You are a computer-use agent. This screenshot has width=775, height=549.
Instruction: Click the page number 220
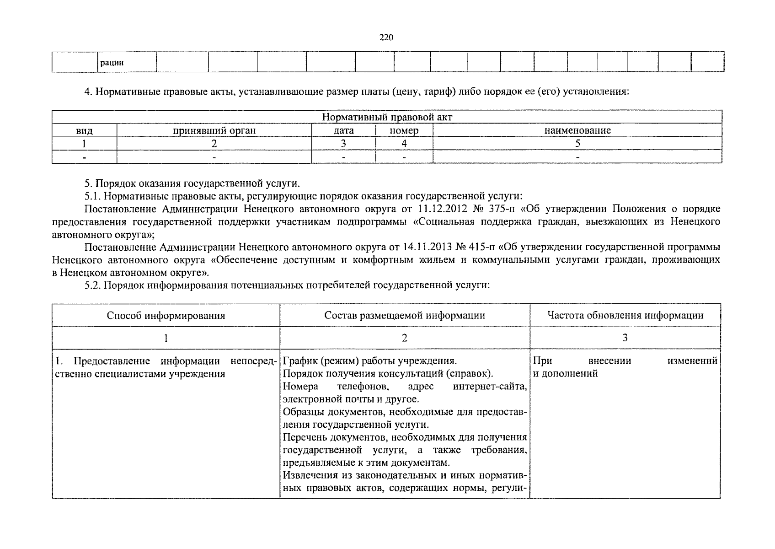tap(386, 38)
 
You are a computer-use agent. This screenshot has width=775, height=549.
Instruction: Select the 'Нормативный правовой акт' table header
tap(387, 117)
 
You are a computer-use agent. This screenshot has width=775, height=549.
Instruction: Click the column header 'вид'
tap(84, 130)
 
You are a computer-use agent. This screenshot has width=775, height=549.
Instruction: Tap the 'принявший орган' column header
tap(214, 130)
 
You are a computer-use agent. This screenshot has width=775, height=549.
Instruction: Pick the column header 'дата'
tap(343, 130)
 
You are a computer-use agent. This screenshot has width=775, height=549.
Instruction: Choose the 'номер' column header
tap(404, 130)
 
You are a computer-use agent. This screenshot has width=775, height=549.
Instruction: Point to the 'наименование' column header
tap(577, 130)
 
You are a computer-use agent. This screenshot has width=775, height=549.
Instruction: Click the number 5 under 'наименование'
tap(577, 143)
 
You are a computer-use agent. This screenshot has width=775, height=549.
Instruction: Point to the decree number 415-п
tap(481, 248)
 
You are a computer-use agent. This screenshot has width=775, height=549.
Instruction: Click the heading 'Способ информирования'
tap(166, 315)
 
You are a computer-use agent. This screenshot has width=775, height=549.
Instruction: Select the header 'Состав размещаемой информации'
tap(405, 315)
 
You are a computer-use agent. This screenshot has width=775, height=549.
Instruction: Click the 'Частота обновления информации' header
tap(625, 315)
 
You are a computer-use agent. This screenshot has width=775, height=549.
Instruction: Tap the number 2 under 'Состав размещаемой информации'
tap(404, 338)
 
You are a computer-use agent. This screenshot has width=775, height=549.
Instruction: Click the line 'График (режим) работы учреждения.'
tap(369, 361)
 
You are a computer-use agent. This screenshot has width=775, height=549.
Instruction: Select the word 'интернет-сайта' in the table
tap(490, 387)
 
